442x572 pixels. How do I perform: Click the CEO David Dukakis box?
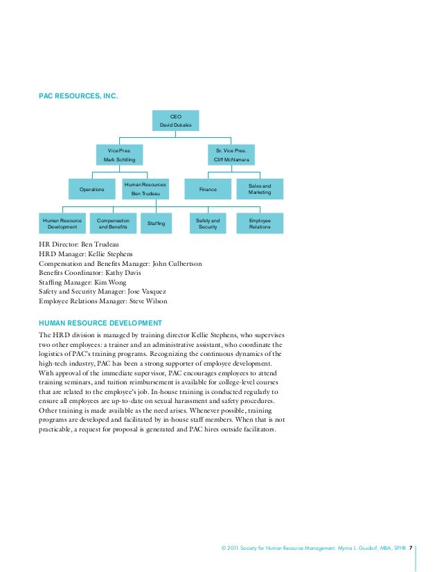176,121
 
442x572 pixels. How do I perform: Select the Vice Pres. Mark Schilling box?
119,154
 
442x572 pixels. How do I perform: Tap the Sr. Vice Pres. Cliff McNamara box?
231,154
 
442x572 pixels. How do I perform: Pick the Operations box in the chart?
92,189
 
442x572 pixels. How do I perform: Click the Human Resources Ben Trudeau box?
145,189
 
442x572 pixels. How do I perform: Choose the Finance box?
208,189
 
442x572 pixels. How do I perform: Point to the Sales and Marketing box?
260,189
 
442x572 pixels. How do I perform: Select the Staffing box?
157,224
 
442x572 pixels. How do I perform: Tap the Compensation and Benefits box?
113,224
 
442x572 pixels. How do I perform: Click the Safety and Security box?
208,224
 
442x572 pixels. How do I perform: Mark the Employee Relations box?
260,224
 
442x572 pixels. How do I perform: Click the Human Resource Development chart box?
62,224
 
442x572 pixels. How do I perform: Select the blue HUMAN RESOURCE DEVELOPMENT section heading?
100,323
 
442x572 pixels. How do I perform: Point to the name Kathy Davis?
125,274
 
